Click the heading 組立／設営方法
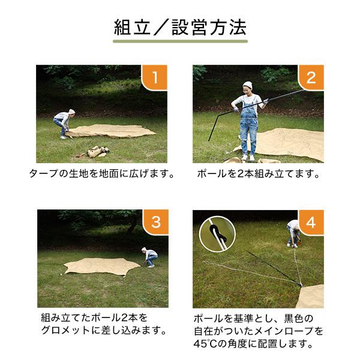[x=180, y=27]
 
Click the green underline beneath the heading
[x=180, y=42]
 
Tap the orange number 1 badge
[x=155, y=78]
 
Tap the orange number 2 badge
[x=311, y=78]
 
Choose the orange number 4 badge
[x=311, y=223]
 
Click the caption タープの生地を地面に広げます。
[x=102, y=175]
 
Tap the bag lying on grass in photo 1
[x=97, y=151]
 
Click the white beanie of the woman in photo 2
[x=247, y=85]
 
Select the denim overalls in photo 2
[x=248, y=129]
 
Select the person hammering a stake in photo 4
[x=293, y=233]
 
